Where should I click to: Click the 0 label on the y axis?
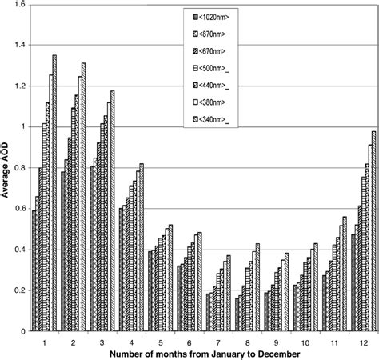[x=22, y=330]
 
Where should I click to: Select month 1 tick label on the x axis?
[x=44, y=341]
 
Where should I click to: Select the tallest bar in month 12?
[x=373, y=231]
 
